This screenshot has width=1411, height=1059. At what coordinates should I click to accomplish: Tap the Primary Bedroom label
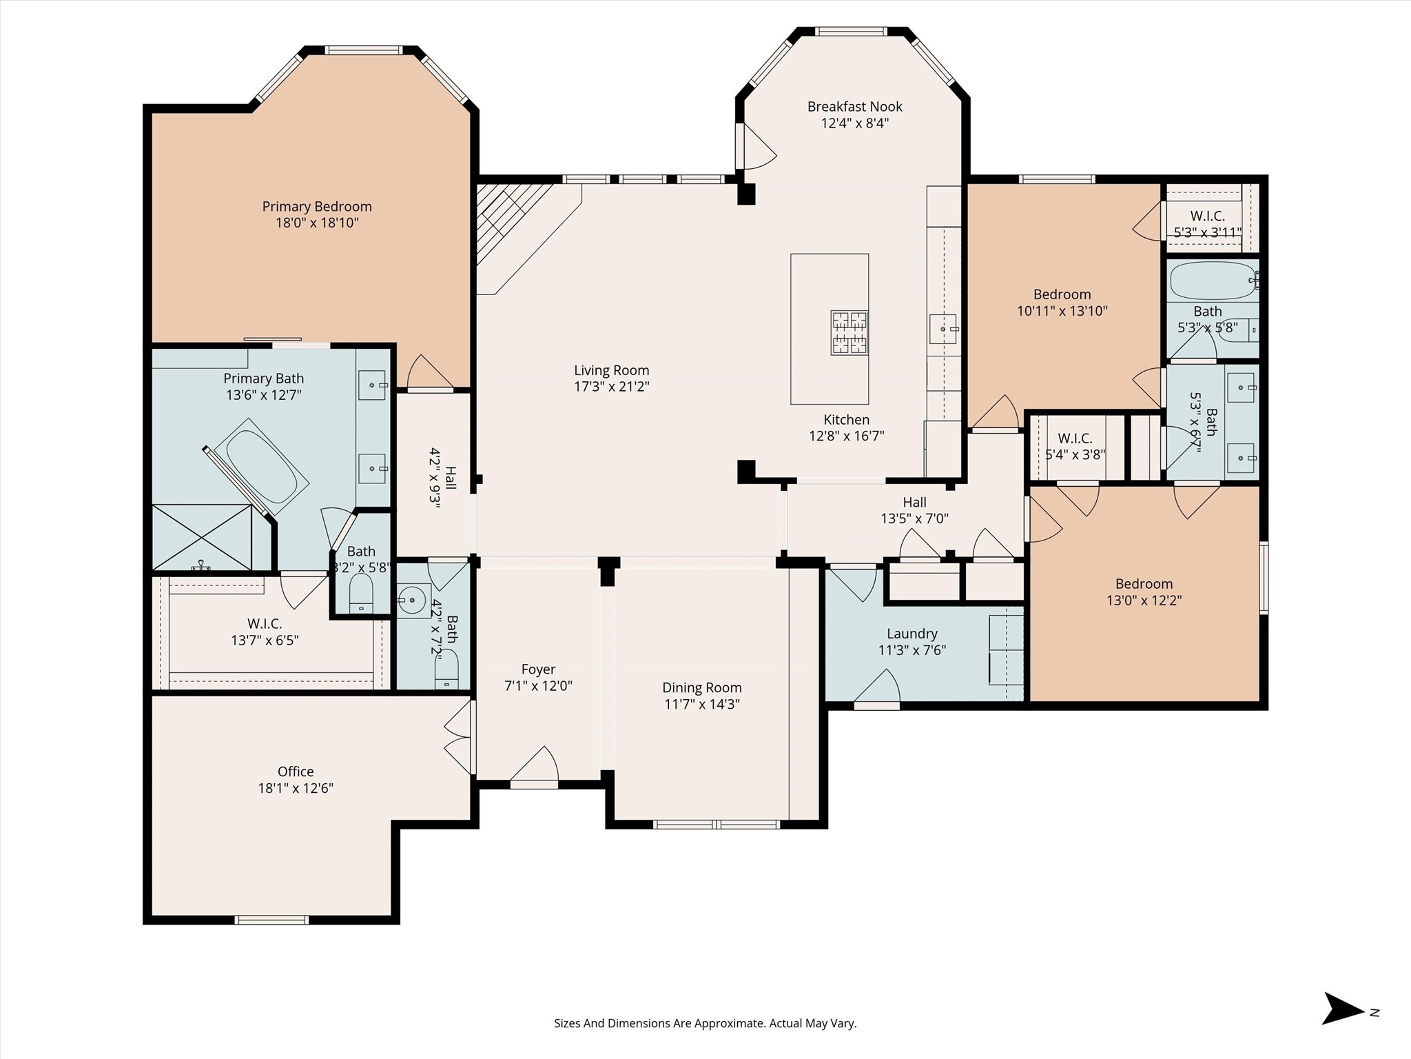click(x=317, y=206)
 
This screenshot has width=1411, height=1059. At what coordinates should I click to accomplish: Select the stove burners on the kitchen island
click(x=849, y=332)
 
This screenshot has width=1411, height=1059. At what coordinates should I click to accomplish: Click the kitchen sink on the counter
click(x=943, y=329)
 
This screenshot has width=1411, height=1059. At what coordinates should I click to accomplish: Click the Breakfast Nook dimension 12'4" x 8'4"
click(x=854, y=123)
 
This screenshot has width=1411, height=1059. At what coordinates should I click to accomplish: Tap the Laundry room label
click(x=912, y=634)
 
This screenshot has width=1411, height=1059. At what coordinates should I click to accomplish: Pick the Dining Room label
click(x=701, y=687)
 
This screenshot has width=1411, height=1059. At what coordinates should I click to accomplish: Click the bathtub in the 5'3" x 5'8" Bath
click(x=1213, y=280)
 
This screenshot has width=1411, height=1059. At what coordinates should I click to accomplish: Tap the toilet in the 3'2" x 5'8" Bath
click(x=361, y=594)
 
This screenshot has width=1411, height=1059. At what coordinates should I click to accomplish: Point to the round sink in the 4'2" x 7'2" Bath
click(x=413, y=601)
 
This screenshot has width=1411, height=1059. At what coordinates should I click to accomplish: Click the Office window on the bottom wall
click(x=271, y=919)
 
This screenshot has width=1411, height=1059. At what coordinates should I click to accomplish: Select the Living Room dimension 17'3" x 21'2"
click(x=611, y=387)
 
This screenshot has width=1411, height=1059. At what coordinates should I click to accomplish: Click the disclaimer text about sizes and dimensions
click(x=705, y=1023)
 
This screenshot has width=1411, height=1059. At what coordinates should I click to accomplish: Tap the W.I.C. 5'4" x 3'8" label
click(x=1075, y=438)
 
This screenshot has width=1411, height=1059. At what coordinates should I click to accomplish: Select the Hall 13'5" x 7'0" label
click(x=914, y=503)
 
